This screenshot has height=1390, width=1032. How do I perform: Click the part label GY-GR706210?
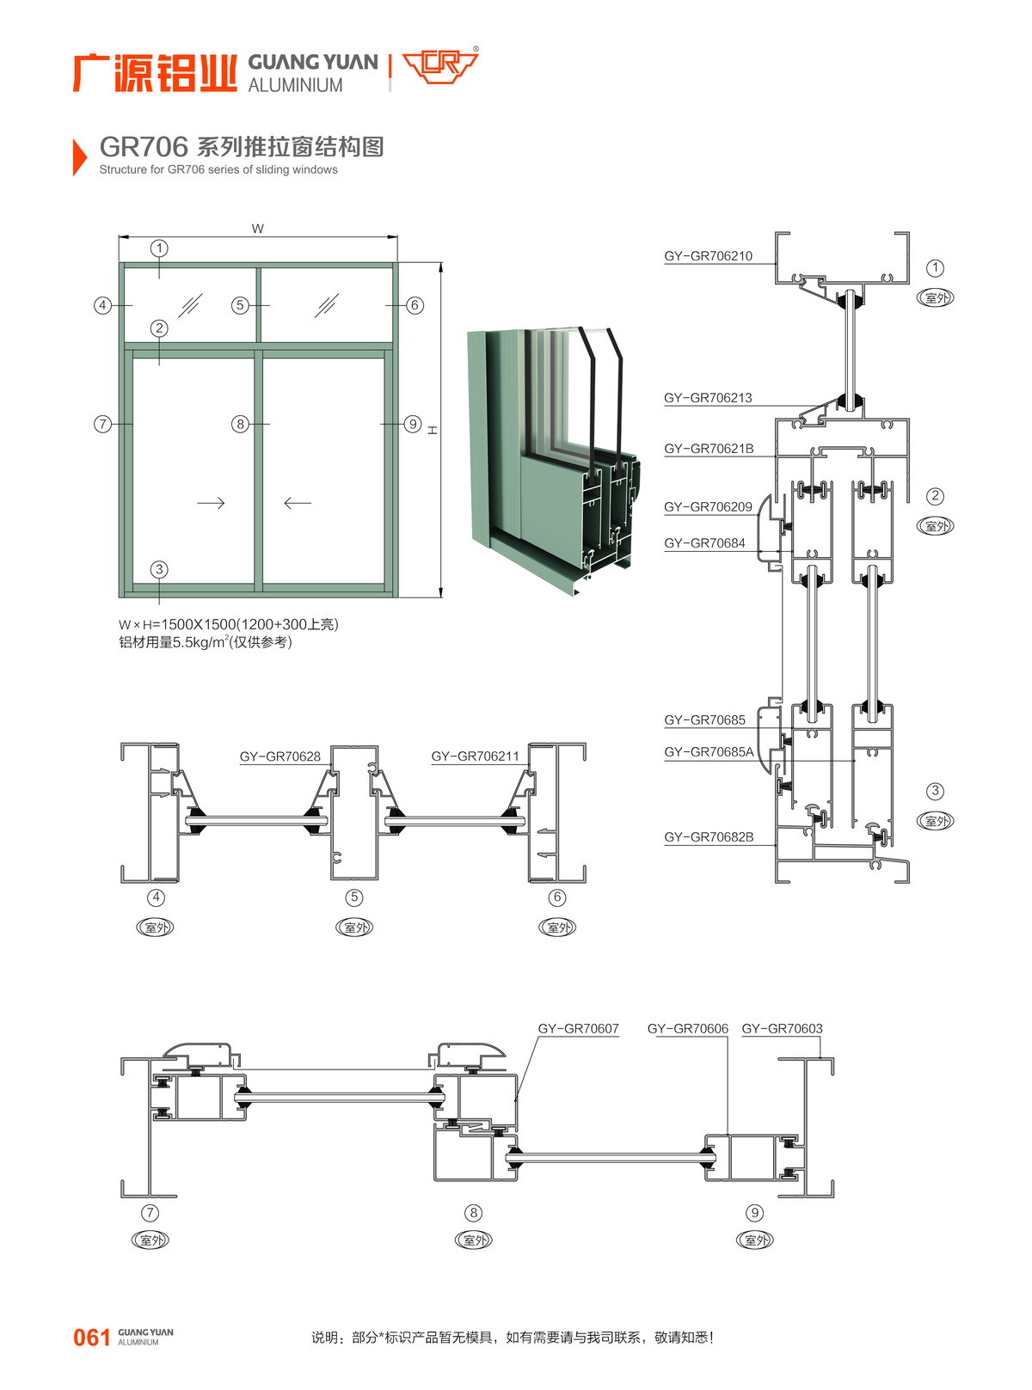tap(708, 255)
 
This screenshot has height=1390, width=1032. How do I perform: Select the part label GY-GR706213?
tap(708, 397)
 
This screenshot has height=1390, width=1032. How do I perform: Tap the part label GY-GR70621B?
tap(709, 448)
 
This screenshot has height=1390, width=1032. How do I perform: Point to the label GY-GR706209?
tap(708, 506)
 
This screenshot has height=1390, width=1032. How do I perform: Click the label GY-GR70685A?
tap(709, 751)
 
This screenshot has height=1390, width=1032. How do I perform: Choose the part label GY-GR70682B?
tap(709, 836)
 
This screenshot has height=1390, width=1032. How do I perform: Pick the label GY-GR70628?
tap(279, 756)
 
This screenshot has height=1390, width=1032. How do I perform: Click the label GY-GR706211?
tap(475, 756)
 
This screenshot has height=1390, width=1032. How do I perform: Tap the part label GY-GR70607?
tap(578, 1028)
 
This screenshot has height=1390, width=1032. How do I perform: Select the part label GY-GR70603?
tap(782, 1028)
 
